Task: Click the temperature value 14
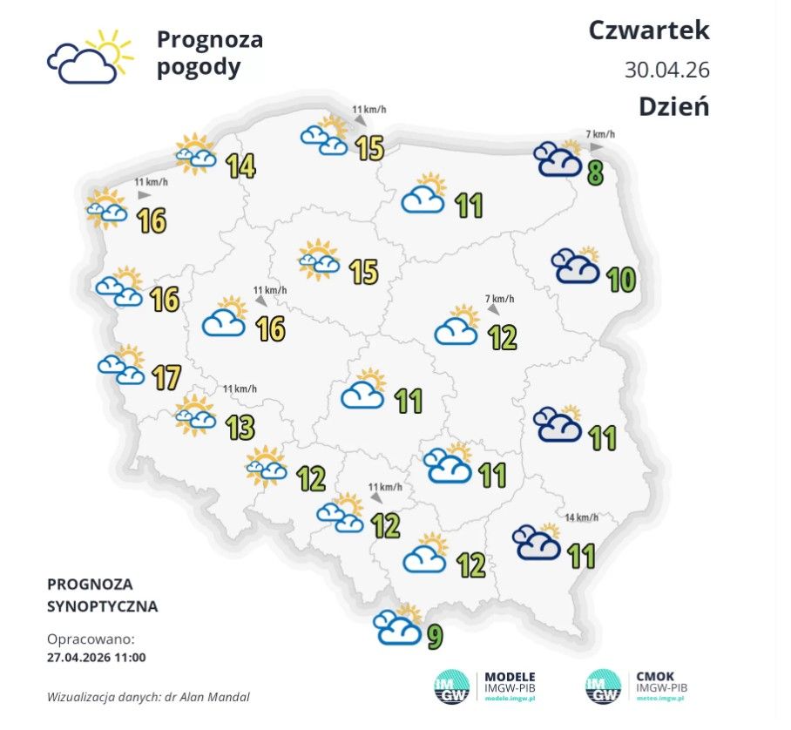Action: tap(240, 166)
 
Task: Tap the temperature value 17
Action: tap(166, 378)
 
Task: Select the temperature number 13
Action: tap(240, 428)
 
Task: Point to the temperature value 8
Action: tap(595, 173)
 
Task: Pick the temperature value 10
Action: tap(621, 281)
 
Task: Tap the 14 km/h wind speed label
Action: tap(581, 517)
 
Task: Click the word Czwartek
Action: tap(649, 30)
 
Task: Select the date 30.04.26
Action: tap(666, 70)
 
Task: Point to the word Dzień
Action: tap(673, 106)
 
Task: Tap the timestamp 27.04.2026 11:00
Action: tap(97, 657)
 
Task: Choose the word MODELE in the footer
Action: tap(510, 677)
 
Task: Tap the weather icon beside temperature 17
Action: tap(122, 365)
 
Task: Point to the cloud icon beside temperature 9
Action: tap(397, 625)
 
